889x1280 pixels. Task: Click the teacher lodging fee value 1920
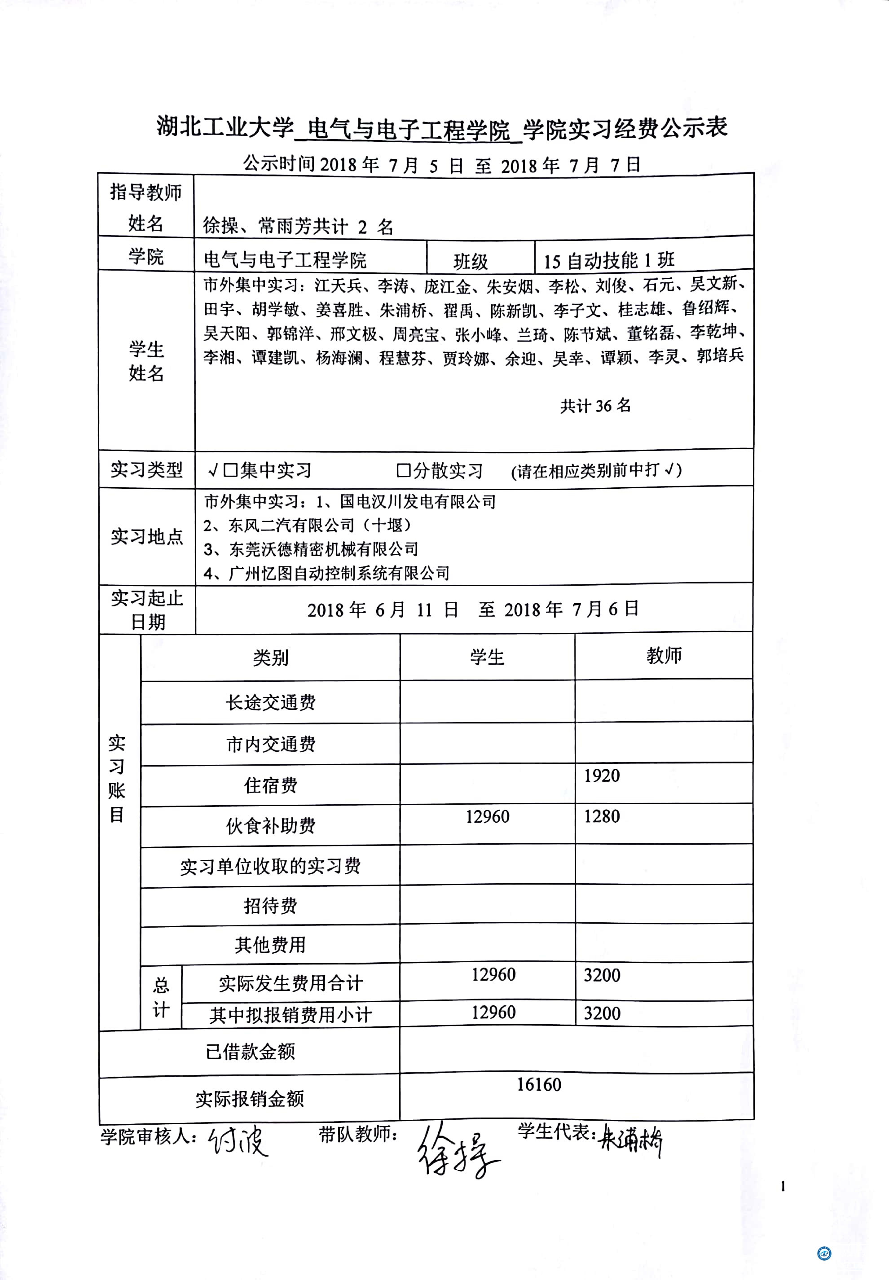(x=602, y=776)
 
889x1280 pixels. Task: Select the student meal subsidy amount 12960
(x=488, y=817)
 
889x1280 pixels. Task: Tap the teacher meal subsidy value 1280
(x=602, y=816)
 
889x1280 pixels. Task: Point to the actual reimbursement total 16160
(x=539, y=1085)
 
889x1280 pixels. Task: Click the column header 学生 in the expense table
(x=487, y=658)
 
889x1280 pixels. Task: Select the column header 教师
(x=664, y=656)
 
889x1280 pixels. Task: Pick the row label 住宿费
(x=271, y=785)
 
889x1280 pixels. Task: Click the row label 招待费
(x=271, y=906)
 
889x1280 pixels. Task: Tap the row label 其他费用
(x=271, y=945)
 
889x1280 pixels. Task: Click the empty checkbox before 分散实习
(x=403, y=470)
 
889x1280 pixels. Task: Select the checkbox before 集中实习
(x=230, y=470)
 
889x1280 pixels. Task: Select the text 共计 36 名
(x=595, y=406)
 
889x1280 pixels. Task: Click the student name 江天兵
(x=338, y=285)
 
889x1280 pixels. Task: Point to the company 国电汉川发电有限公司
(x=418, y=502)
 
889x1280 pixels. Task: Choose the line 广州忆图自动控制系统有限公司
(x=339, y=574)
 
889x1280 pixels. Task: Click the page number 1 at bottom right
(x=783, y=1187)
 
